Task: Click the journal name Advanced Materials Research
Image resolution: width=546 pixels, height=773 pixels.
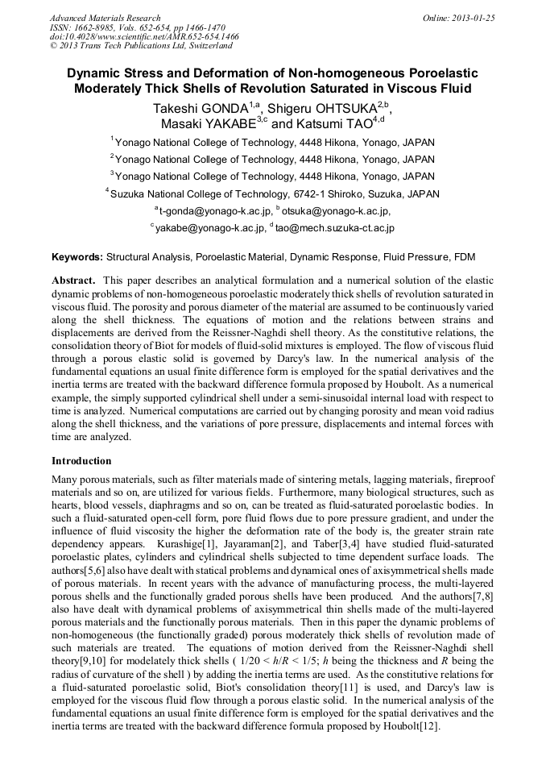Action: click(105, 18)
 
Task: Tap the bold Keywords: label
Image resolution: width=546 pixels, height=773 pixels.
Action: click(77, 258)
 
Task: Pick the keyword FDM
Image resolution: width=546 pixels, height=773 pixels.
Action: click(465, 258)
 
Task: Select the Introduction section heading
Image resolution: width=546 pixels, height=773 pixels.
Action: click(81, 461)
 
